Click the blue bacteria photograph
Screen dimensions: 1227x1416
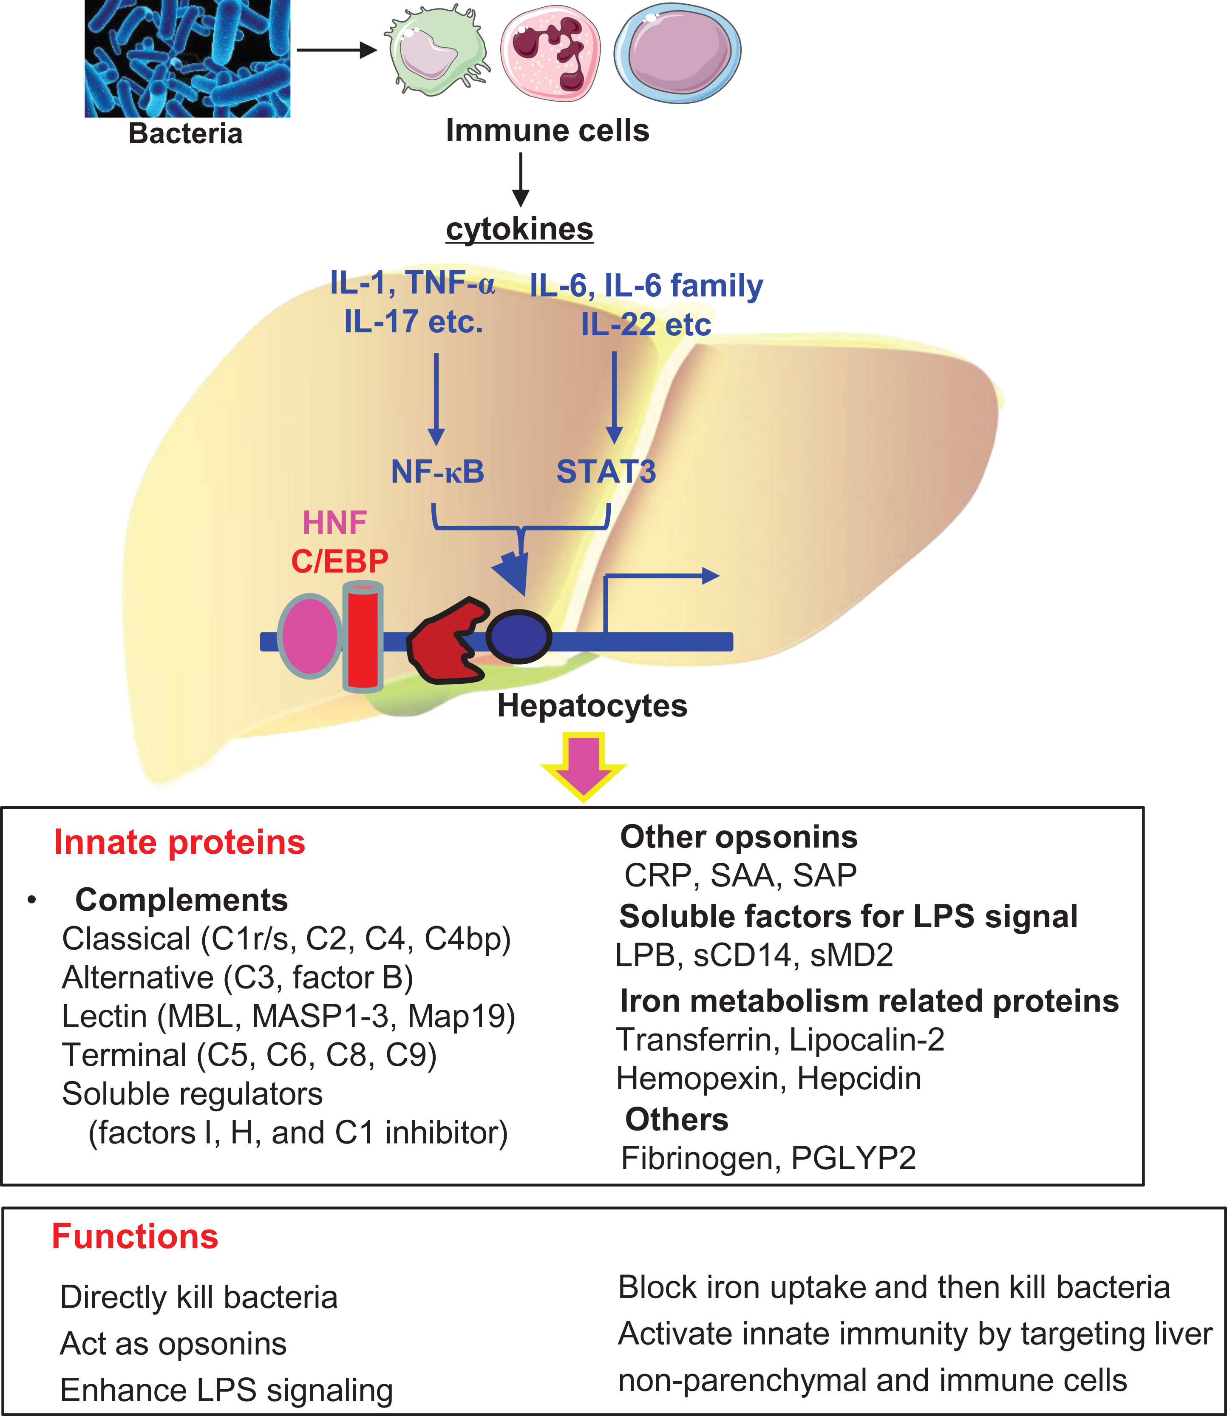187,58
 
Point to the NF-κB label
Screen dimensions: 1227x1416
437,472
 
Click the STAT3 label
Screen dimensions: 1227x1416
606,472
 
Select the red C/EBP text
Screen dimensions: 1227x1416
340,561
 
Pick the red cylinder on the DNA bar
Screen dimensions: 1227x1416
362,636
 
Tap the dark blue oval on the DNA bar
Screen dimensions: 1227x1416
519,637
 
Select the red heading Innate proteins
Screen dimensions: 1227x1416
179,842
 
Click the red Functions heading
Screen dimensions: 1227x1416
135,1237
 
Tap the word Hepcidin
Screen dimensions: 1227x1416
859,1079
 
